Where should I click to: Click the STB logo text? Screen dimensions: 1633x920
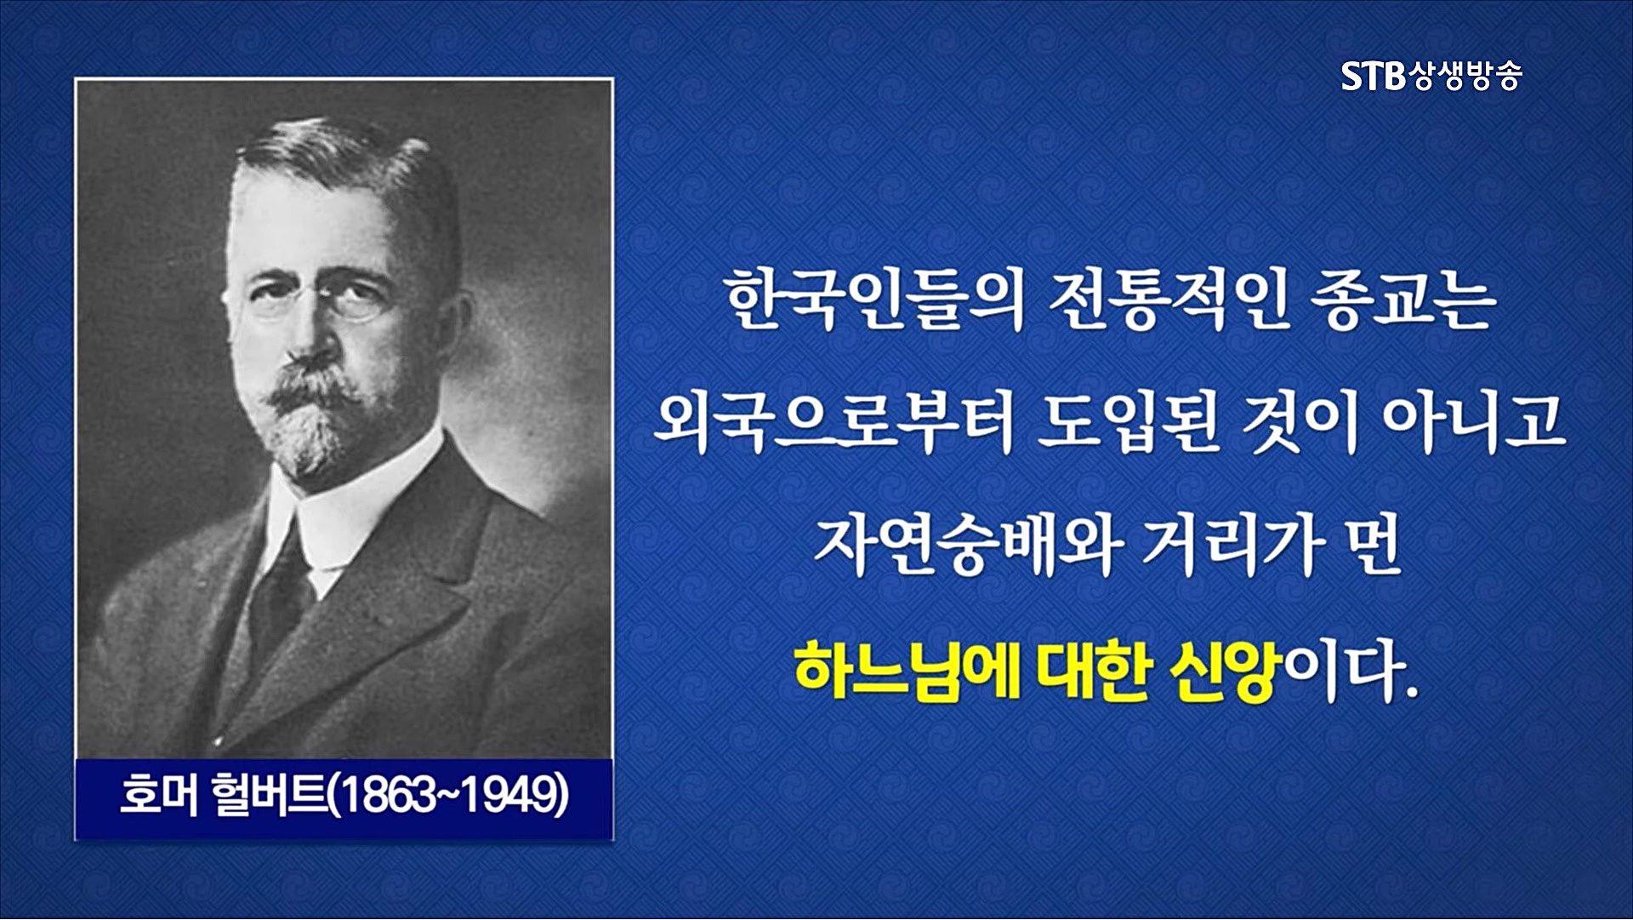coord(1373,77)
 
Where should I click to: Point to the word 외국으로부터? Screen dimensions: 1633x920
coord(833,423)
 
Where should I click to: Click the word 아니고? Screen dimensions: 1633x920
coord(1474,423)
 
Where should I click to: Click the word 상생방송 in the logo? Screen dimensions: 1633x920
coord(1465,77)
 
